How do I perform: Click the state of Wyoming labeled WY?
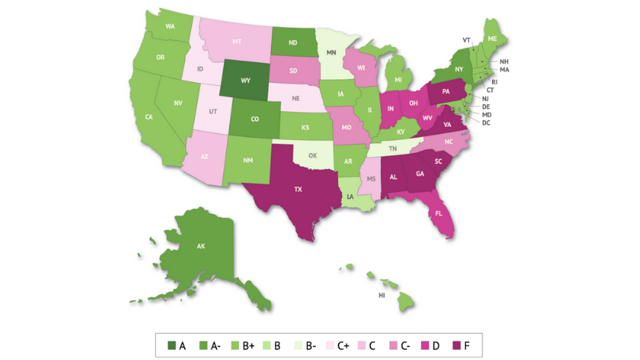pos(245,81)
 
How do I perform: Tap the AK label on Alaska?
pos(201,246)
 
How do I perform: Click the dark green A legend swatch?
pos(170,346)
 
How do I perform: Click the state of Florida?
pos(439,214)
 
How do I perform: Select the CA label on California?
pos(149,117)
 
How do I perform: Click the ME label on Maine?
pos(491,37)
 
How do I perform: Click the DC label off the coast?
pos(485,122)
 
